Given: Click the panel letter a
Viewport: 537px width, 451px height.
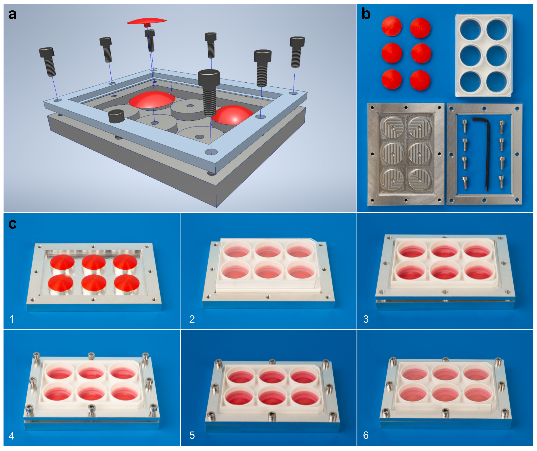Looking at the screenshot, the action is point(12,14).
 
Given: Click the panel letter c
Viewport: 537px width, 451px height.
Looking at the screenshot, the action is point(12,224).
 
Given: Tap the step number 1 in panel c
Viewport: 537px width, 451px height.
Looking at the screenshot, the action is point(12,319).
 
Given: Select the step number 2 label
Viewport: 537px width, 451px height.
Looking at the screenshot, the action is point(192,319).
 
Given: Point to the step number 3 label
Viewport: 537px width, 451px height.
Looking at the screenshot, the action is point(366,319).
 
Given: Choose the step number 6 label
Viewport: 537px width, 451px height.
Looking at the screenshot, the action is point(366,435).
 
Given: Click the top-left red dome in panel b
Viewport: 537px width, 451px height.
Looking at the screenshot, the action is point(391,26).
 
